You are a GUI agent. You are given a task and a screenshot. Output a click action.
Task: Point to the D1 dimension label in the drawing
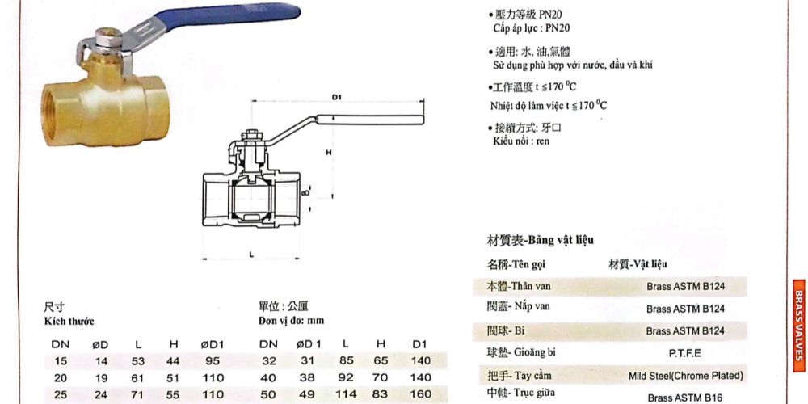point(337,98)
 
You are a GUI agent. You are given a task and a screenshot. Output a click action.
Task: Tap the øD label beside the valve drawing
point(305,195)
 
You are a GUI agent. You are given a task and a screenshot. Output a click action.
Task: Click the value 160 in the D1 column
point(420,395)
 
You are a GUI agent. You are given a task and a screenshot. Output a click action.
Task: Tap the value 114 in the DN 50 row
point(345,395)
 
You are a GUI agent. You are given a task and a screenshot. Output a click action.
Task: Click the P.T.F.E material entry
point(685,353)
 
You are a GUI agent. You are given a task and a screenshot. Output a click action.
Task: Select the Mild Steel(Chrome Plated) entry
point(685,376)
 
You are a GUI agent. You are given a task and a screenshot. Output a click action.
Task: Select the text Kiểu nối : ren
point(521,141)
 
